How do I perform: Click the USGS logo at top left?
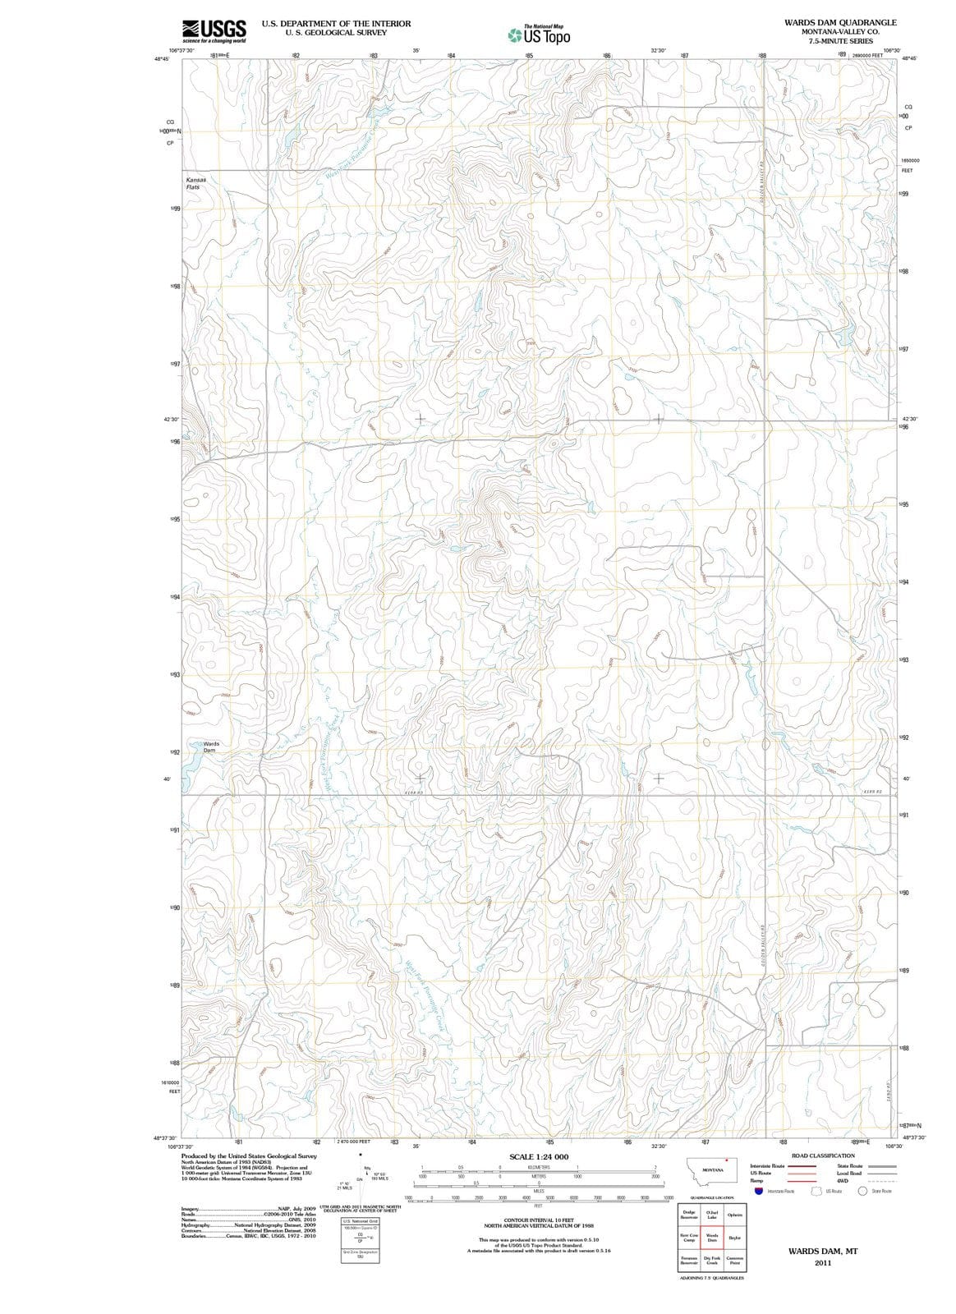(x=214, y=30)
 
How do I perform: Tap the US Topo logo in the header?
(x=538, y=35)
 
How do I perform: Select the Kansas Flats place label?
(x=195, y=182)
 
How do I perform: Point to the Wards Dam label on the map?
(x=211, y=747)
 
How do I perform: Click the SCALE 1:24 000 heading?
(x=539, y=1156)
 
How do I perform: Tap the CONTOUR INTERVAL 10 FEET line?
(x=539, y=1220)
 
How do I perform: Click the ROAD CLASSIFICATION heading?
(x=822, y=1155)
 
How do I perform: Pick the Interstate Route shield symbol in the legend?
(x=759, y=1191)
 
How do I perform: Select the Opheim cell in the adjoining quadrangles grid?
(x=735, y=1215)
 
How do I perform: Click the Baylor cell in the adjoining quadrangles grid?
(x=735, y=1238)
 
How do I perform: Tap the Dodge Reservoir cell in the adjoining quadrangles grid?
(x=689, y=1215)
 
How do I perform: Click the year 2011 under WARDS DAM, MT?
(x=823, y=1263)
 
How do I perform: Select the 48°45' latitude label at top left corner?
(x=161, y=59)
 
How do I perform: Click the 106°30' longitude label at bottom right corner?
(x=894, y=1146)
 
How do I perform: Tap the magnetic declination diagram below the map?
(x=365, y=1176)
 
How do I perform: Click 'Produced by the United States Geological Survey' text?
(x=248, y=1155)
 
